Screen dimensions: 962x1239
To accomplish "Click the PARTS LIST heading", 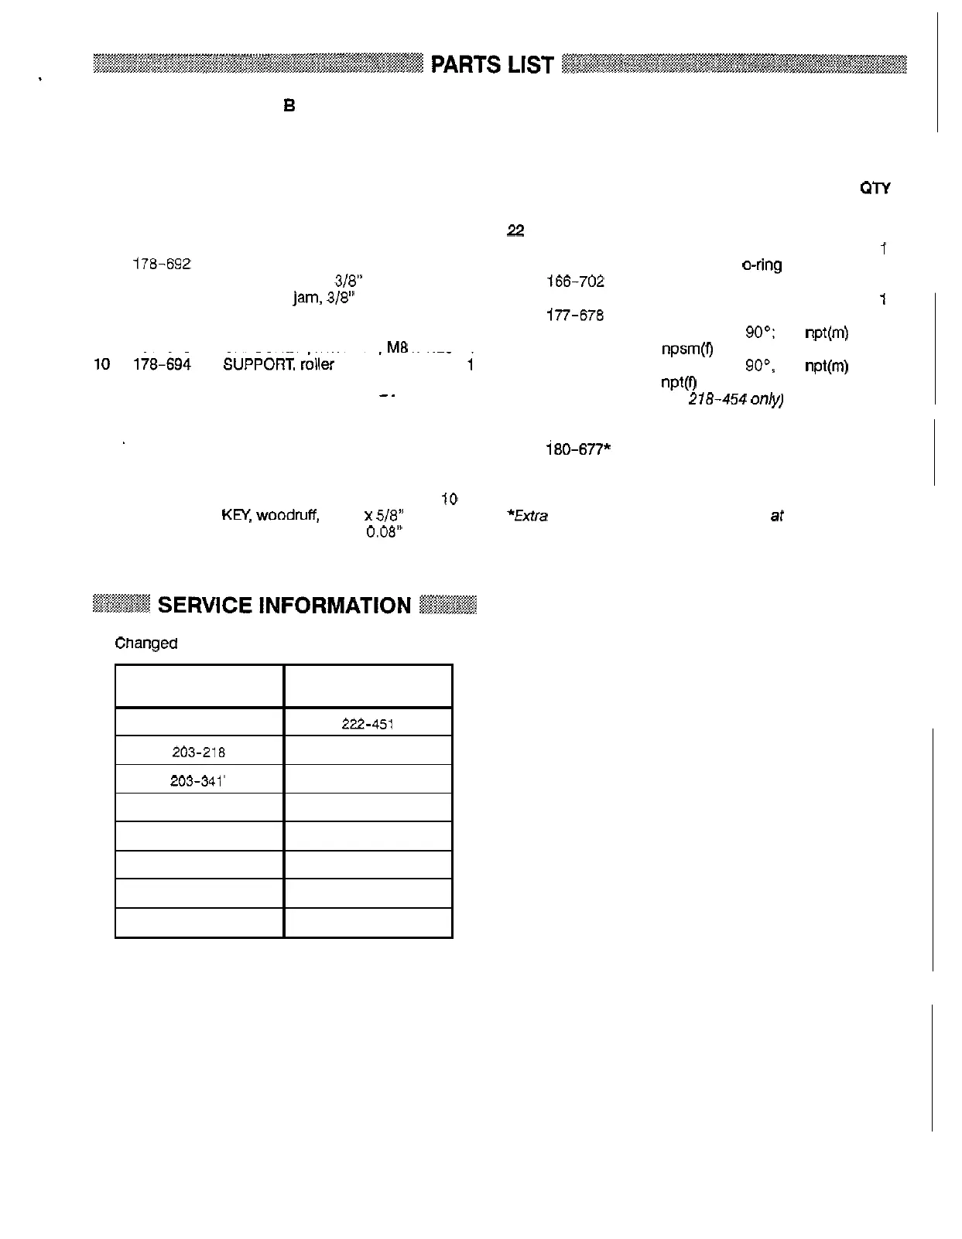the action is tap(492, 65).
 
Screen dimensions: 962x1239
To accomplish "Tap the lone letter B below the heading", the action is tap(289, 106).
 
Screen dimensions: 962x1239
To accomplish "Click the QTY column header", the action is tap(875, 189).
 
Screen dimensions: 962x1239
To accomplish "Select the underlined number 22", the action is tap(515, 230).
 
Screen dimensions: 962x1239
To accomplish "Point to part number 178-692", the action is tap(162, 264).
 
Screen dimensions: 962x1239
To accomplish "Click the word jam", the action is tap(306, 297).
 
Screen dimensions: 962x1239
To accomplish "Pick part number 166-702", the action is tap(575, 282).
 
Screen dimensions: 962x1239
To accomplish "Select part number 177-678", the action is tap(575, 316).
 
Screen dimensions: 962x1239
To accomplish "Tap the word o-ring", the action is tap(762, 265).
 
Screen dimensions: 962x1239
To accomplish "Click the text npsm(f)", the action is tap(686, 350).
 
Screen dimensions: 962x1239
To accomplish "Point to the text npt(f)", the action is tap(679, 383).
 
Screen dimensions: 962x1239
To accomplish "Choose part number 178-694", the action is tap(162, 364).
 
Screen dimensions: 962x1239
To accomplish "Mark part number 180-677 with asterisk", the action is tap(578, 449).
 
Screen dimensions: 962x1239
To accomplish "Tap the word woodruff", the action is tap(287, 515).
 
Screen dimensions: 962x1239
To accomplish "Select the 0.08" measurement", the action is tap(384, 532).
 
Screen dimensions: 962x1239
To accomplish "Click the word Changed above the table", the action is tap(146, 643).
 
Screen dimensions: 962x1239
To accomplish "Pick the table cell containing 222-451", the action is tap(368, 724).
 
